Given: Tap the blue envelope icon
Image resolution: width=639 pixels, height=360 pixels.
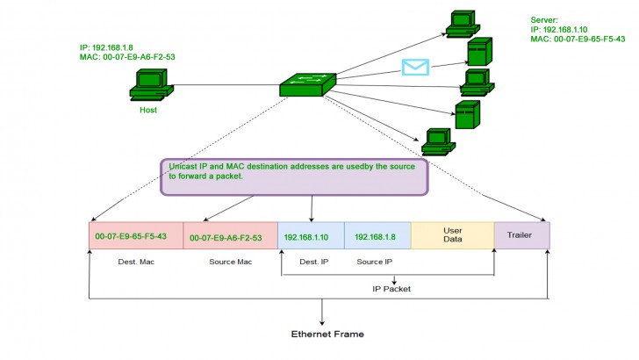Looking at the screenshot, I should click(x=415, y=67).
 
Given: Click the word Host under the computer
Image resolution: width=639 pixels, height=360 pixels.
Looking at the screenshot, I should click(x=148, y=111).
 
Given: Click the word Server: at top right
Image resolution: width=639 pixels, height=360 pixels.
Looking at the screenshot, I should click(x=544, y=19).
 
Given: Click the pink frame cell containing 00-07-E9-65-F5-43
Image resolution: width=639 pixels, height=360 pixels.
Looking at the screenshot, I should click(x=136, y=236).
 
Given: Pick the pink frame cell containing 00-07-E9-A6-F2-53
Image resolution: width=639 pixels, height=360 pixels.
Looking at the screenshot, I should click(x=230, y=236).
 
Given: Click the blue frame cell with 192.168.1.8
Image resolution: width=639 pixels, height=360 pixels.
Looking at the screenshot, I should click(x=377, y=236).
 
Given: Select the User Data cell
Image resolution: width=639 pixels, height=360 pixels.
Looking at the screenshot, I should click(x=452, y=235).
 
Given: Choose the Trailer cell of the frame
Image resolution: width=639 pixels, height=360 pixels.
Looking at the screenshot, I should click(x=521, y=235).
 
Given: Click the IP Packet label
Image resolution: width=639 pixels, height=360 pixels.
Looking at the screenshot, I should click(x=392, y=288).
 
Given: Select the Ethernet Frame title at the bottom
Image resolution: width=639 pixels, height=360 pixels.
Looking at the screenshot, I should click(x=327, y=335).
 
